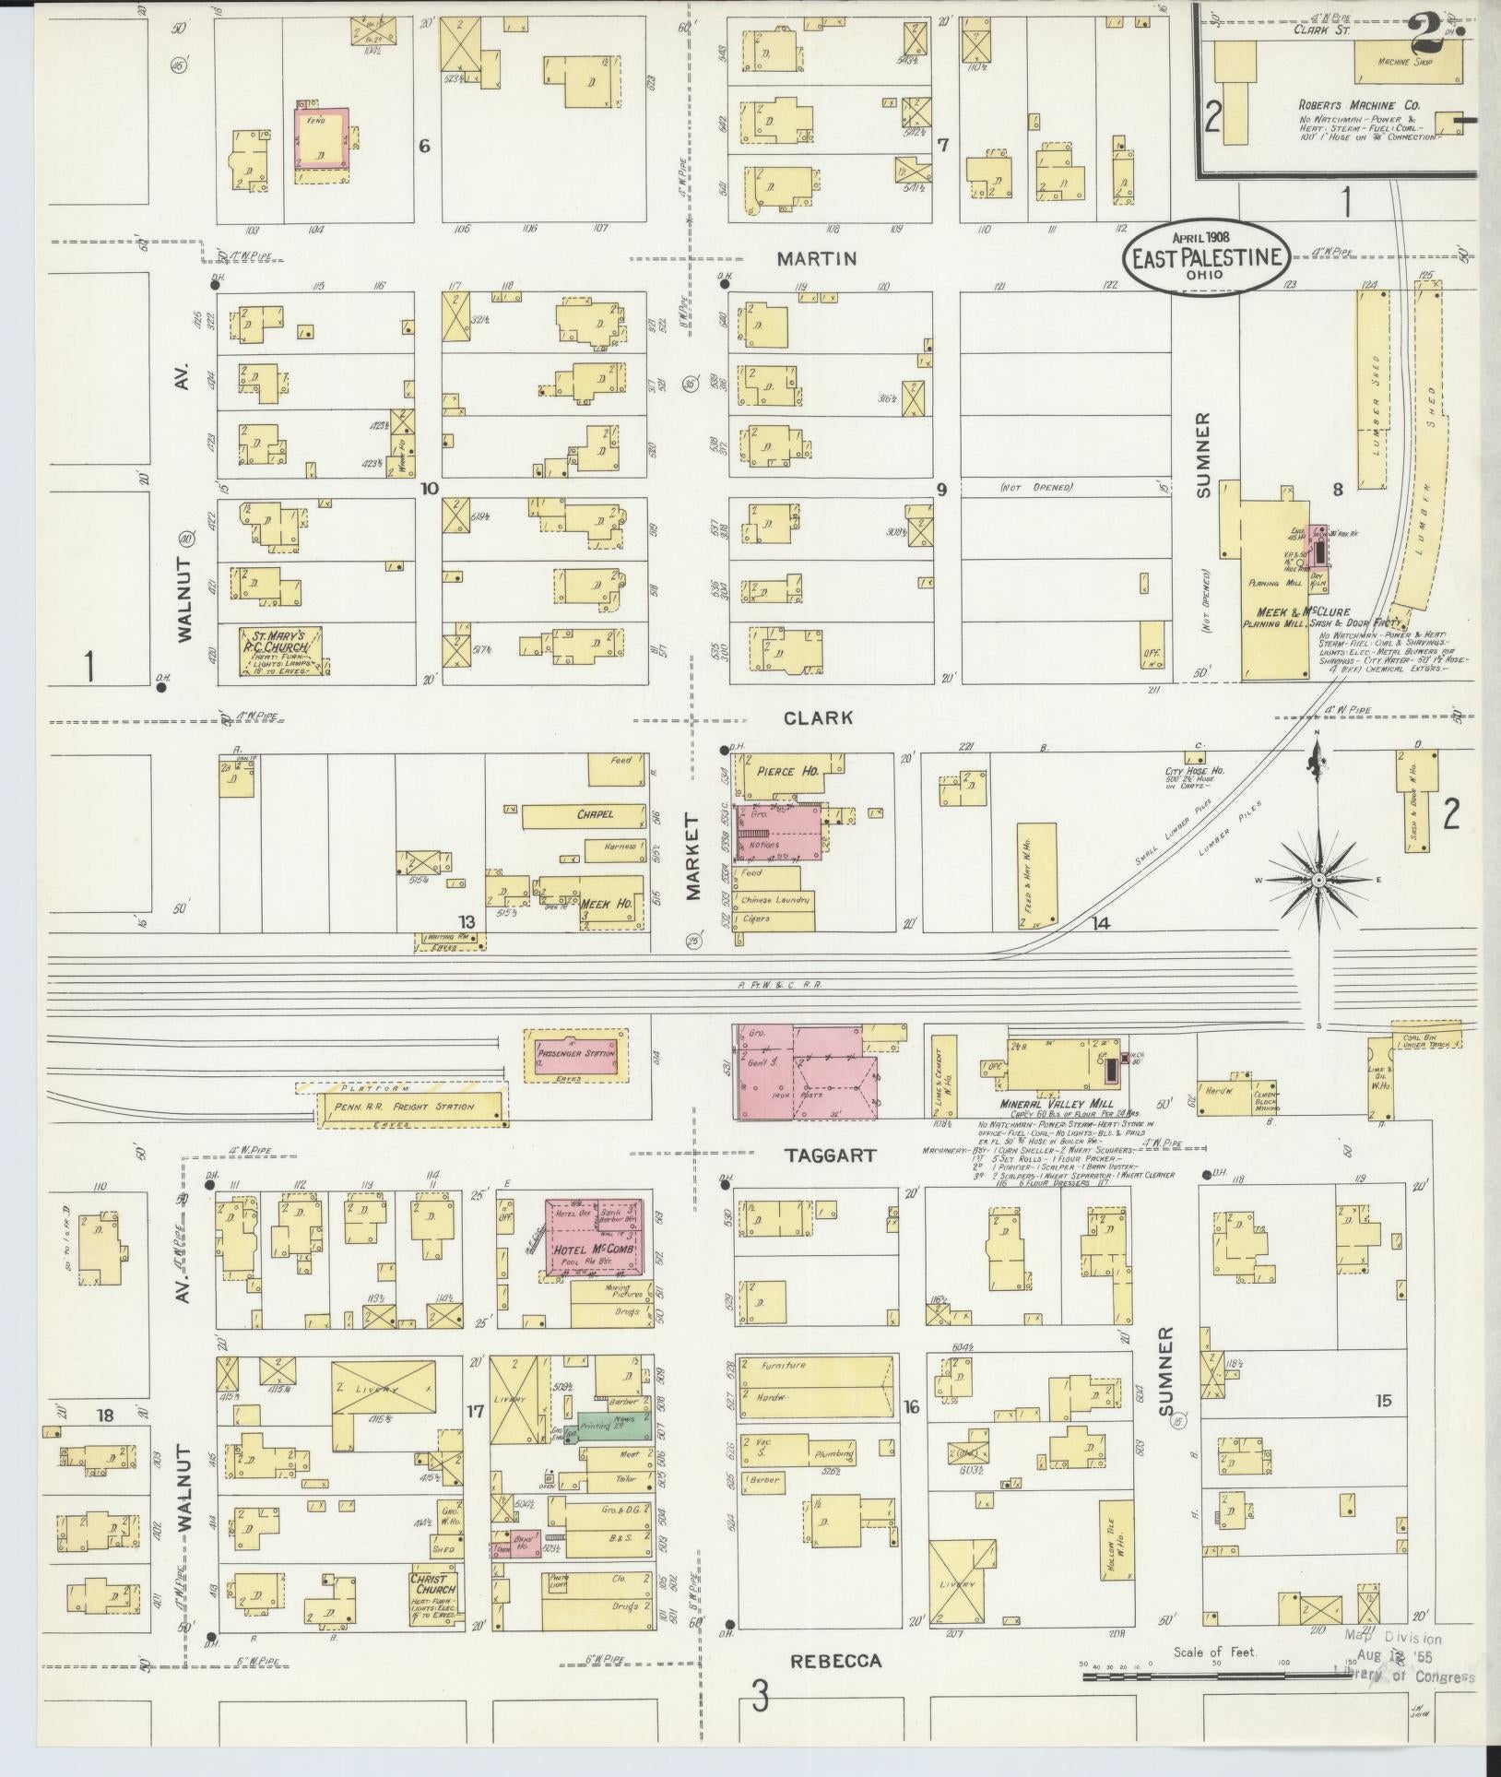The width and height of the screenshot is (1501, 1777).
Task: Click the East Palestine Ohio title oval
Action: [1206, 255]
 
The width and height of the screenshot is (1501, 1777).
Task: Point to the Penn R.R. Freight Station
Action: [410, 1107]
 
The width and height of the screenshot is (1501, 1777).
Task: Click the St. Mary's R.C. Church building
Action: [282, 653]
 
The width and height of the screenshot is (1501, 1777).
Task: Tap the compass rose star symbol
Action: [1318, 880]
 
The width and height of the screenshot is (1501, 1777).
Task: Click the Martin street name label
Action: [816, 259]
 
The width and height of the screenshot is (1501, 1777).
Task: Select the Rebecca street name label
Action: [835, 1661]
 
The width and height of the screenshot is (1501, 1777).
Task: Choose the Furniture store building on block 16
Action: [813, 1366]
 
